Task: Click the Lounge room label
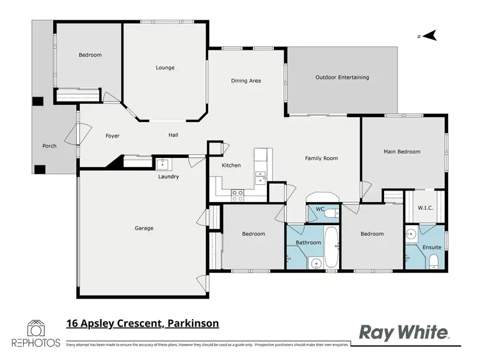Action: [165, 68]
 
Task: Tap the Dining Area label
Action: [246, 81]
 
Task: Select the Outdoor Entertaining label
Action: [342, 77]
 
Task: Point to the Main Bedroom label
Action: [402, 152]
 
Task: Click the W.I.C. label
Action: [426, 208]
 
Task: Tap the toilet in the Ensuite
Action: [433, 259]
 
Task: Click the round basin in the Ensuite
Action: [412, 234]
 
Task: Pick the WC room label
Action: [320, 209]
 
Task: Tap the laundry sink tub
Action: [162, 163]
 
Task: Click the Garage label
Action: [143, 228]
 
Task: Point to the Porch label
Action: [49, 146]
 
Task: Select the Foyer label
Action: [113, 136]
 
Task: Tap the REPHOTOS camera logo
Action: [36, 331]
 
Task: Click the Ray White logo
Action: [403, 332]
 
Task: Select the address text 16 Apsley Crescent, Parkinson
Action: [143, 324]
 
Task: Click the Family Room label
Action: [321, 158]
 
